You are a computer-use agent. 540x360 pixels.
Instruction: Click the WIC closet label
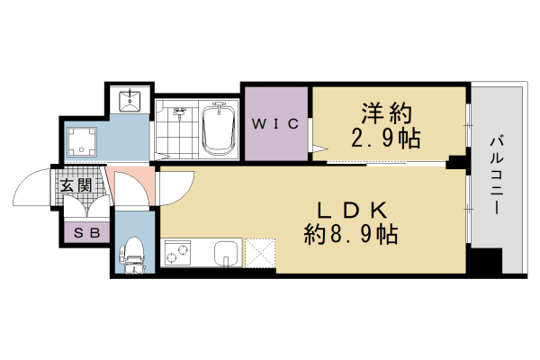[274, 125]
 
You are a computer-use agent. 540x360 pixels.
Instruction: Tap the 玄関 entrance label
[77, 186]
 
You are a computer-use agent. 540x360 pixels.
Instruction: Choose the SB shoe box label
[85, 232]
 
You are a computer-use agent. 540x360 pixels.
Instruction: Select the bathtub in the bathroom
[217, 129]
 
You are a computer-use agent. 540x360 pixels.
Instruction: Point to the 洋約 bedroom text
[387, 114]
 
